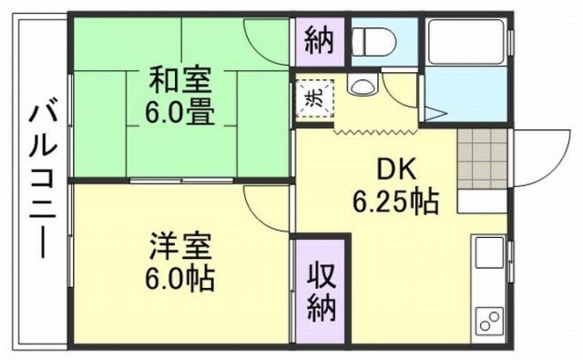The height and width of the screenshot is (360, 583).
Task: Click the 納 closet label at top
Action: (x=319, y=40)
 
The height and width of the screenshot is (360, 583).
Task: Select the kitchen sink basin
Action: (x=486, y=253)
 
